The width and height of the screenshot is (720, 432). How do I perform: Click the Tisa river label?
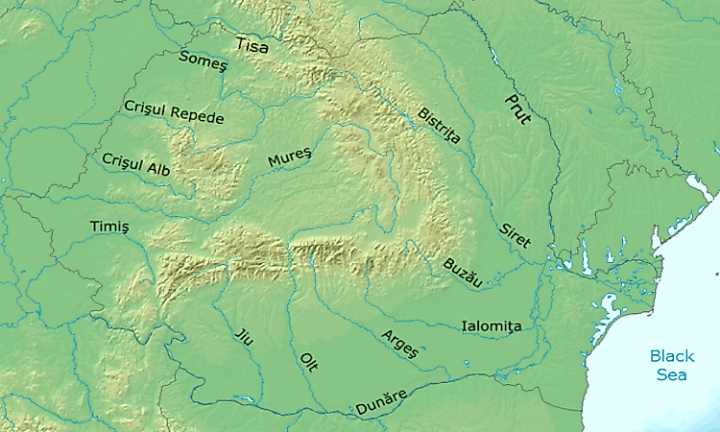pyautogui.click(x=252, y=44)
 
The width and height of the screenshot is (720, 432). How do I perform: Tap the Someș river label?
pyautogui.click(x=203, y=60)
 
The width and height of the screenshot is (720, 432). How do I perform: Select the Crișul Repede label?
pyautogui.click(x=174, y=112)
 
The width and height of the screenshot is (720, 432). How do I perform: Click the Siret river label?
pyautogui.click(x=515, y=236)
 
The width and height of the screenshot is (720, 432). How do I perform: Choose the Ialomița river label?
pyautogui.click(x=492, y=326)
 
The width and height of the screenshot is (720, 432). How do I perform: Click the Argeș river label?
pyautogui.click(x=400, y=343)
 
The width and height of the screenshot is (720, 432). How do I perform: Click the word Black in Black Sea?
pyautogui.click(x=671, y=355)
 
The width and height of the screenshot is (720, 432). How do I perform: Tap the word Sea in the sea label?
pyautogui.click(x=671, y=374)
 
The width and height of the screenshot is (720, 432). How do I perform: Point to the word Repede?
pyautogui.click(x=198, y=115)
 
